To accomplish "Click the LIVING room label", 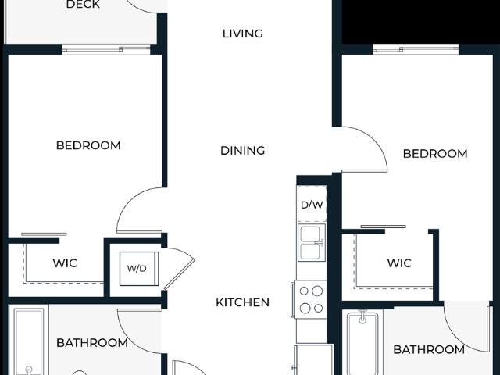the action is point(243,34).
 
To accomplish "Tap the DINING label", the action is point(243,151).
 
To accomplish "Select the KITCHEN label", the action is point(243,302).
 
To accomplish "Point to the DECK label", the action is point(83,5).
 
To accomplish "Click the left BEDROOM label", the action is point(88,145).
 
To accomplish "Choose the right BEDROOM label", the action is point(435,154).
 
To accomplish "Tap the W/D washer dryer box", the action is point(139,269).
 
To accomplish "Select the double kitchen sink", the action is point(312,243).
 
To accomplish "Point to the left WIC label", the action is point(65,263).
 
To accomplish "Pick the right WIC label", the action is point(399,263).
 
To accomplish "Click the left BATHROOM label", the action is point(92,343).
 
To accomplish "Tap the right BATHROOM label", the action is point(429,350).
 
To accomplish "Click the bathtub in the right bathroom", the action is point(362,344).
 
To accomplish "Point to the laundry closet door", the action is point(180,268).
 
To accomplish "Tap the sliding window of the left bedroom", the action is point(106,49).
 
